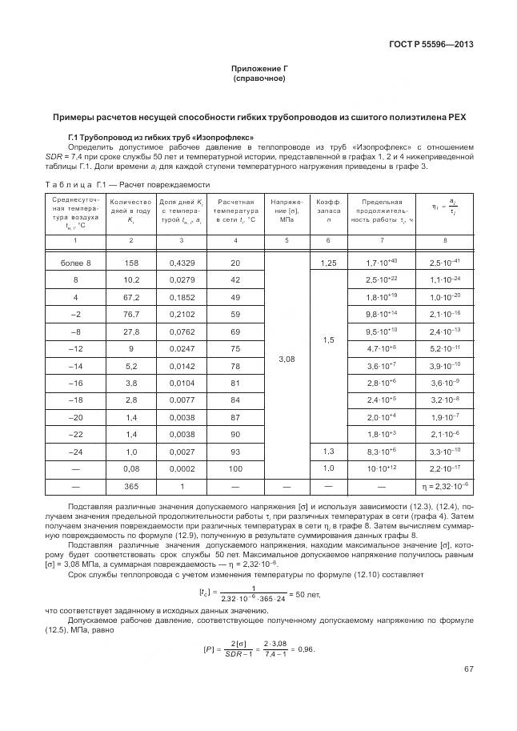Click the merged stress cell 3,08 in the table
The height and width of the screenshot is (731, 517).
pos(286,359)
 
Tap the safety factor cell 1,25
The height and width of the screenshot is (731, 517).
pos(327,263)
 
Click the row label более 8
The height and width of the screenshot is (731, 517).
pos(76,263)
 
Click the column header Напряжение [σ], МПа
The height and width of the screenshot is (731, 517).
pos(286,211)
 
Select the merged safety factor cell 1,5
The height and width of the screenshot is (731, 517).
pos(327,339)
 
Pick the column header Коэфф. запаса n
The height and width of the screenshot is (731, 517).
pos(327,211)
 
